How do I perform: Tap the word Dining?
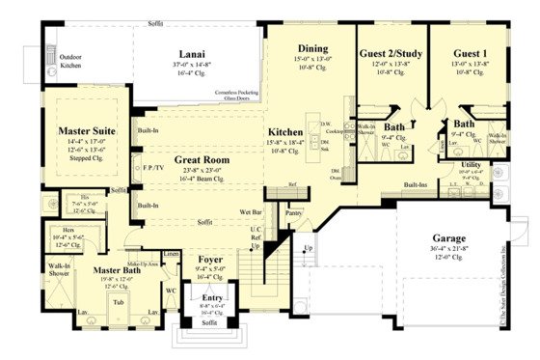(x=313, y=47)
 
